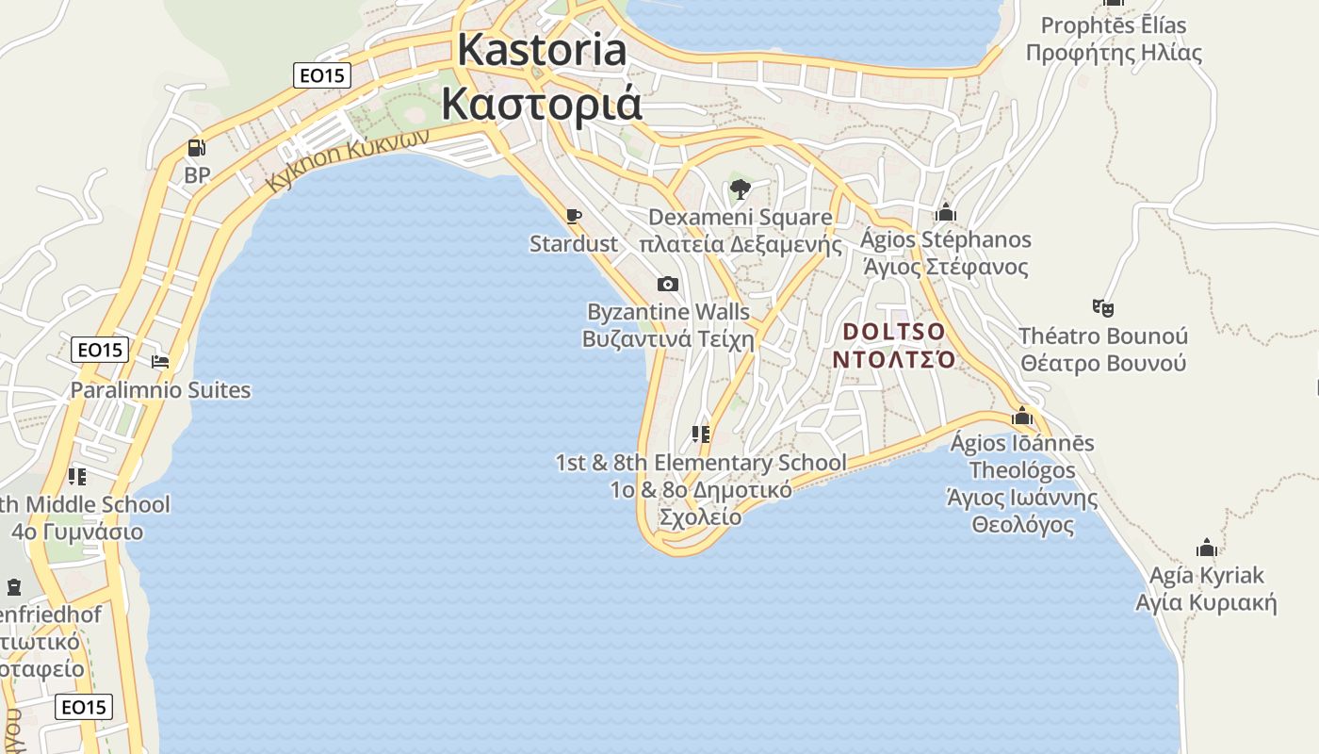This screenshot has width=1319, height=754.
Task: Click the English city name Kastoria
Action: tap(542, 50)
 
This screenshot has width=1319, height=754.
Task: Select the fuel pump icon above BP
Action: tap(196, 147)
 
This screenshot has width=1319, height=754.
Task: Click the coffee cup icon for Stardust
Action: tap(573, 217)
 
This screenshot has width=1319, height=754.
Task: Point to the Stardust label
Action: tap(573, 244)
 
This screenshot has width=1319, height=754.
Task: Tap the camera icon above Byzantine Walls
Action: tap(667, 284)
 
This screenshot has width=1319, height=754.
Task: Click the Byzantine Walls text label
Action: tap(668, 312)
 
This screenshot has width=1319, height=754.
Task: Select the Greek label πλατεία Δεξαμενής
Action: tap(741, 245)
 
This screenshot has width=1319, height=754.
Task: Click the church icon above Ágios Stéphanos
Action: tap(946, 212)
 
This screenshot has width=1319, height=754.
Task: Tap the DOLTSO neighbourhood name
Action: tap(894, 332)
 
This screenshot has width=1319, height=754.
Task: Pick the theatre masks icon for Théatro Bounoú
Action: tap(1103, 307)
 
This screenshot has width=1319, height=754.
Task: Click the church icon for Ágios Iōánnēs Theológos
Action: tap(1022, 416)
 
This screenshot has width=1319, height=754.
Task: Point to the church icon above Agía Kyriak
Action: tap(1207, 548)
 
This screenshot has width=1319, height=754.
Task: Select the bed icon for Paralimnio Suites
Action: tap(160, 361)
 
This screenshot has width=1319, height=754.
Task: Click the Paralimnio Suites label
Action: tap(160, 390)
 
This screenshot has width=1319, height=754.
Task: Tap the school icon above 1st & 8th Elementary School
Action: tap(700, 434)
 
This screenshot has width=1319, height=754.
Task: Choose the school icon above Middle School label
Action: tap(77, 476)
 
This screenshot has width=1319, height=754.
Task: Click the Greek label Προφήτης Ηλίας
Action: tap(1114, 52)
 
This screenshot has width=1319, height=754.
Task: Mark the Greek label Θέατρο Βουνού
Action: tap(1103, 363)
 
